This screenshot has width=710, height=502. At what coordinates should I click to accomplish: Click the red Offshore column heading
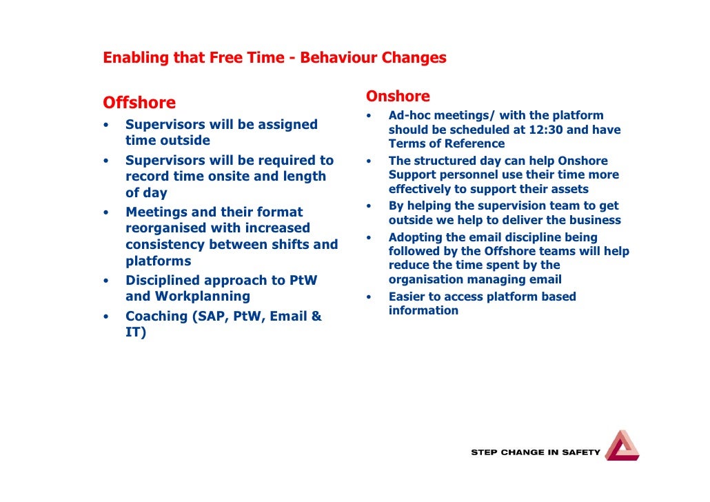click(x=139, y=103)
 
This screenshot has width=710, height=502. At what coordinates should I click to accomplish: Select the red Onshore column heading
click(x=398, y=97)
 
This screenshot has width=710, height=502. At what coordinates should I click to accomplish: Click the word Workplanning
click(x=203, y=297)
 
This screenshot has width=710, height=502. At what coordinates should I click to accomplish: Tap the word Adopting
click(x=416, y=237)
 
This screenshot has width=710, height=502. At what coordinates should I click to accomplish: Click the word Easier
click(x=407, y=297)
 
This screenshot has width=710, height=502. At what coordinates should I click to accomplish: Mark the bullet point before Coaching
click(x=106, y=317)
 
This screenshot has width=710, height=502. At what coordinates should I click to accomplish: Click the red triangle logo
click(x=622, y=446)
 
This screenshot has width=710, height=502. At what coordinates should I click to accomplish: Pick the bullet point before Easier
click(x=369, y=298)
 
